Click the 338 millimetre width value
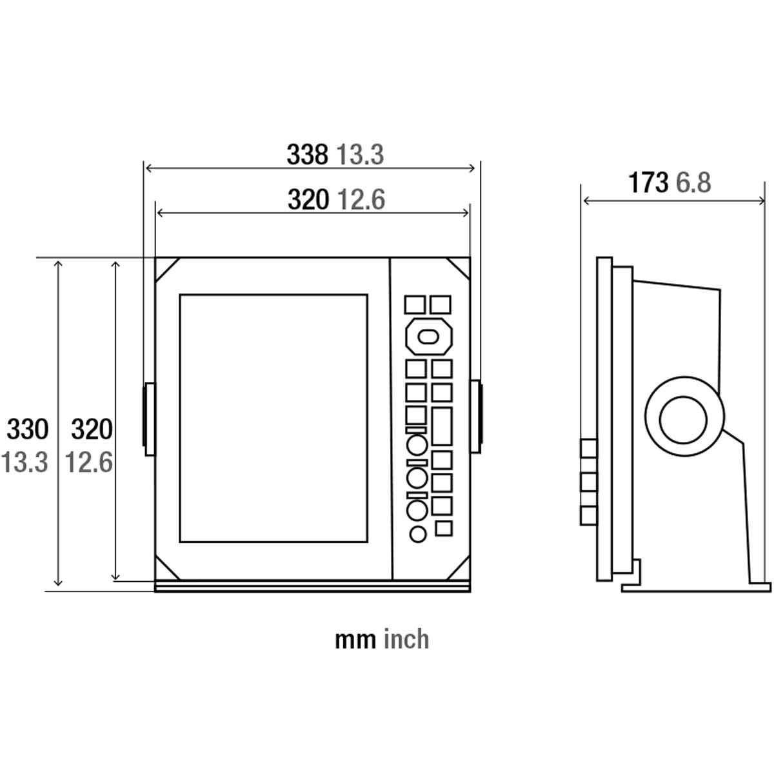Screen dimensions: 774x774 [307, 155]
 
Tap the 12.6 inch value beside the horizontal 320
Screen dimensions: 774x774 [362, 200]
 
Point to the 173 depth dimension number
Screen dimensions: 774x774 [648, 183]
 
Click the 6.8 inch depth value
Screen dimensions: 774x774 [693, 183]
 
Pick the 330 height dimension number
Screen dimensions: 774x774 [28, 429]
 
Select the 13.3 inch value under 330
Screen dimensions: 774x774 [25, 462]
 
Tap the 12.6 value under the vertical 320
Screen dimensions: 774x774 [89, 462]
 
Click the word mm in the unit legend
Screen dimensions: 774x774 [355, 639]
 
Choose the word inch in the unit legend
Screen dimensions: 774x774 [406, 639]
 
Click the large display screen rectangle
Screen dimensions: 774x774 [273, 418]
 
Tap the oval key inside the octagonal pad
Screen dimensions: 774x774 [428, 336]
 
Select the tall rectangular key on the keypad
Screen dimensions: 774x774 [442, 426]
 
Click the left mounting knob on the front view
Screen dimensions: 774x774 [148, 416]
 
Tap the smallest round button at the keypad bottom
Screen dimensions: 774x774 [417, 534]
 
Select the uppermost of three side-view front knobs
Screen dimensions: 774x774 [588, 448]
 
